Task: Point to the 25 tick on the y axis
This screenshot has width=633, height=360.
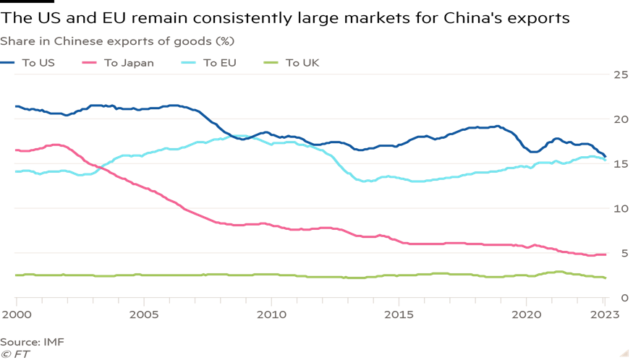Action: point(619,74)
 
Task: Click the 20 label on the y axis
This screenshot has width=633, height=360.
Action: point(619,119)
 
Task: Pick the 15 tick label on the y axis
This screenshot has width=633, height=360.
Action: point(619,164)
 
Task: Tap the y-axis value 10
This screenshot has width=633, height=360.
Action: point(619,209)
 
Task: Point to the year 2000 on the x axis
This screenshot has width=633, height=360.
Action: point(16,314)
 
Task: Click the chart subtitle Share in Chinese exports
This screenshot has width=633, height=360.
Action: point(116,40)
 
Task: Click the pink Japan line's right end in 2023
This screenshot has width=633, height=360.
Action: point(605,254)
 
